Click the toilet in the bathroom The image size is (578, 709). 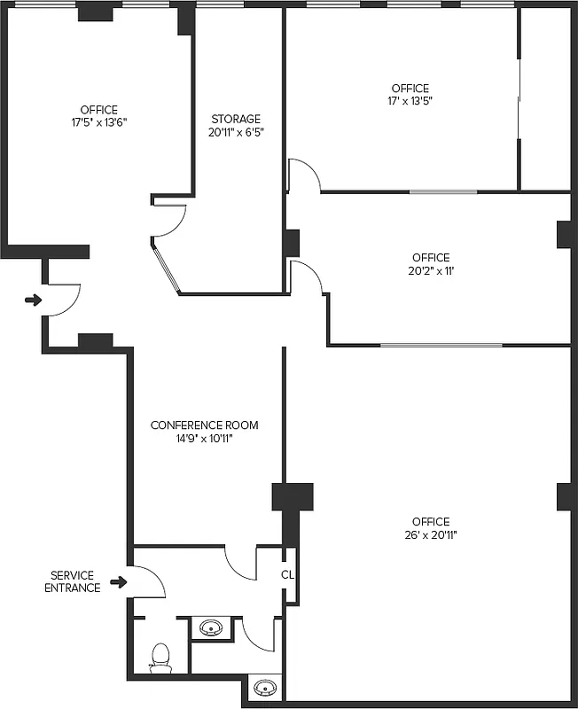click(160, 658)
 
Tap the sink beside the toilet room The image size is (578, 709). click(211, 628)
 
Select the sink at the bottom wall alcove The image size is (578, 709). click(265, 687)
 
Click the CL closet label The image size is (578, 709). click(287, 574)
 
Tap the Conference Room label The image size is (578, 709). click(204, 425)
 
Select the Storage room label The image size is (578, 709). click(236, 119)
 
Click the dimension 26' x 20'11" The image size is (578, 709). click(430, 534)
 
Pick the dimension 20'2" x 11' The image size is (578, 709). click(430, 271)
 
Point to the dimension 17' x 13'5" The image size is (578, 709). click(410, 101)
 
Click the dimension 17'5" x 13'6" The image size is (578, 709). click(98, 122)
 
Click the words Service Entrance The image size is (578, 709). click(73, 581)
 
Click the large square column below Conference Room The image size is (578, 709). click(293, 496)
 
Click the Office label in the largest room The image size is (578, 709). click(430, 522)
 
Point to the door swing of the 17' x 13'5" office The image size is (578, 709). click(304, 175)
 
